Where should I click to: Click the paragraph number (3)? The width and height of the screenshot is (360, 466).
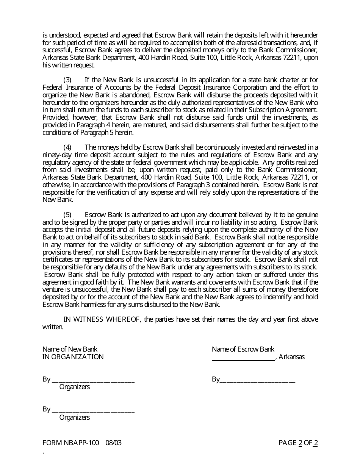(67, 80)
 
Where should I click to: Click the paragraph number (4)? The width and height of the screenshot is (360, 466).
(67, 147)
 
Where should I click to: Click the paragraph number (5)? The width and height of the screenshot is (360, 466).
(67, 215)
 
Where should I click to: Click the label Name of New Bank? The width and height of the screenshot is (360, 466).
(70, 349)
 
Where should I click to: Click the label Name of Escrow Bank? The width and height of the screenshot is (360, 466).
(243, 349)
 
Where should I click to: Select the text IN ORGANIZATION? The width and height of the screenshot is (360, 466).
(73, 357)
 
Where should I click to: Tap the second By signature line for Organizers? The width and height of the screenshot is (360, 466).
(93, 410)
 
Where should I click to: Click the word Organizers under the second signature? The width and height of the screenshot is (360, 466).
(75, 418)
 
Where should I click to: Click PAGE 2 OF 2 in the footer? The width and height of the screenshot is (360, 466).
(298, 443)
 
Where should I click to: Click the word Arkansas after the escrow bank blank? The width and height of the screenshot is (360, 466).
(292, 357)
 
